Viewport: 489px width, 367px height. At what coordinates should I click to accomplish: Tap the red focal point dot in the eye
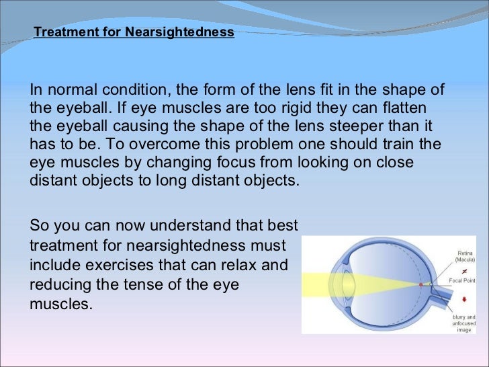point(421,284)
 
